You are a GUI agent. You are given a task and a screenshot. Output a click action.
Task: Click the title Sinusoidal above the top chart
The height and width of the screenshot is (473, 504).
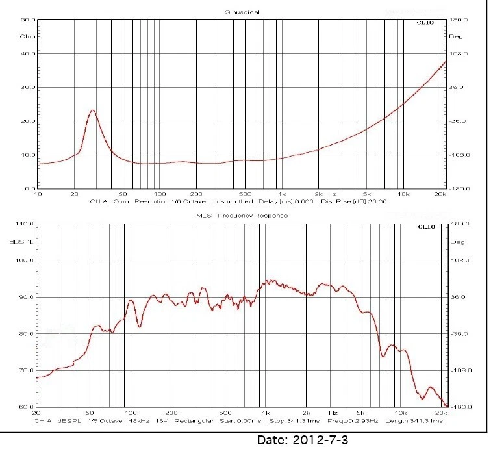241,12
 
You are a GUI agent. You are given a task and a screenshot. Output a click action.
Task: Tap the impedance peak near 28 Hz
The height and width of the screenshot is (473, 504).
92,110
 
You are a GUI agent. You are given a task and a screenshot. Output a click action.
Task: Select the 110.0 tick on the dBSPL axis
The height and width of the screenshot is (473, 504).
25,224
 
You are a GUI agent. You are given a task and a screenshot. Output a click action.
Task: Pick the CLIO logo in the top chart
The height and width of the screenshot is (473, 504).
426,23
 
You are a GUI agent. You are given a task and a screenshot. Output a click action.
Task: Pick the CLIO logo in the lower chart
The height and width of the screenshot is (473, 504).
426,227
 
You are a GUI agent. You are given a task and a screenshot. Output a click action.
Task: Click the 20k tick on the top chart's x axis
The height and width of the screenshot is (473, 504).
440,194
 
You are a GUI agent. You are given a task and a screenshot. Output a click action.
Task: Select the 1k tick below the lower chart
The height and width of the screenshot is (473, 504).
265,413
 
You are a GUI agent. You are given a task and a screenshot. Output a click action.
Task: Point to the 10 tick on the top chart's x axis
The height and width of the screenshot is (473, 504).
38,194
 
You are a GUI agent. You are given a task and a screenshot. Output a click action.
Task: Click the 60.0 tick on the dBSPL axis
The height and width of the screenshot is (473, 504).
25,407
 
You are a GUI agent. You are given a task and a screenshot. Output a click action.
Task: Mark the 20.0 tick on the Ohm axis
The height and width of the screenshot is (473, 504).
28,121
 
